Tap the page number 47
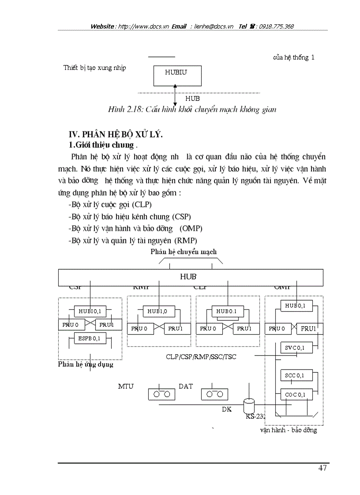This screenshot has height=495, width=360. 322,468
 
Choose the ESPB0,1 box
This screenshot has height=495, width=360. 90,339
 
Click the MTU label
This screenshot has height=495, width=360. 126,386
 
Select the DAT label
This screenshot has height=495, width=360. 186,386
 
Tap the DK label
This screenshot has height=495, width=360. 227,409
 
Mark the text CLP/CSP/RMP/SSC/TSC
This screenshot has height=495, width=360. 201,357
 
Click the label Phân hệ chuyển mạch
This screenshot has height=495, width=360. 184,252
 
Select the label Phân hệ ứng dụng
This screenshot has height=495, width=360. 86,365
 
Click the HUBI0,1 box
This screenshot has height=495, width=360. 90,311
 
